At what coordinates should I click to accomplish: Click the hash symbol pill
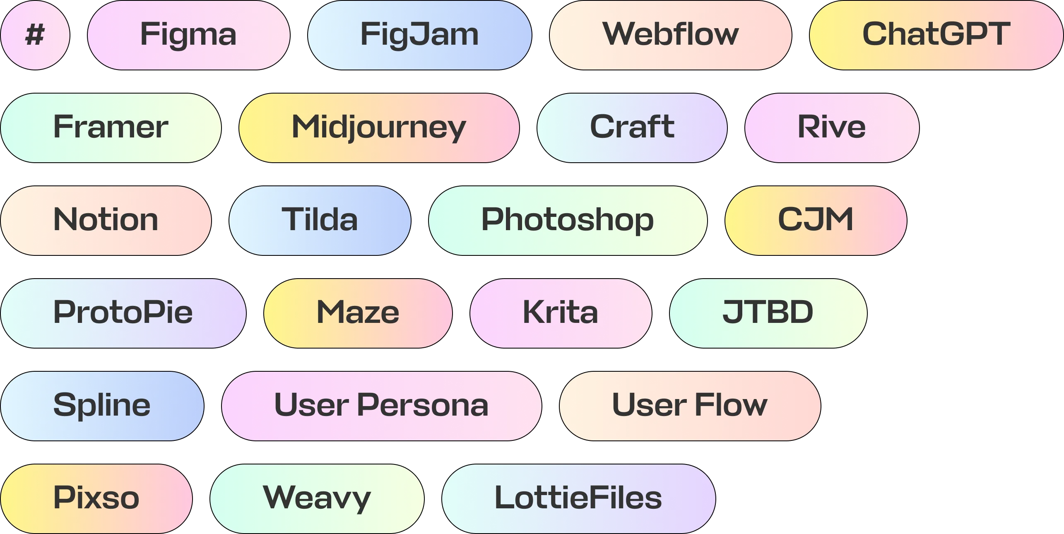pos(35,35)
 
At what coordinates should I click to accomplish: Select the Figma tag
pos(188,35)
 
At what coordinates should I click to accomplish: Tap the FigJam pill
pos(419,35)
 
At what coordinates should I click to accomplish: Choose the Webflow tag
pos(670,35)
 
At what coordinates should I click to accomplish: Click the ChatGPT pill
pos(936,35)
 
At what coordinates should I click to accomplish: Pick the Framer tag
pos(111,127)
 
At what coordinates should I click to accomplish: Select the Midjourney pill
pos(379,127)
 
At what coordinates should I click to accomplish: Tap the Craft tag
pos(632,127)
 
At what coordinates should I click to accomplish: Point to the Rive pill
pos(832,127)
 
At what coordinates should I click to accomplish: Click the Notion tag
pos(106,220)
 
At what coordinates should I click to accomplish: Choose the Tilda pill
pos(320,220)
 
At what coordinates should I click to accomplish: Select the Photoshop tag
pos(568,220)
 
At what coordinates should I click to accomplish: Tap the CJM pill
pos(816,220)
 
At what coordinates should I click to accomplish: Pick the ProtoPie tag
pos(123,313)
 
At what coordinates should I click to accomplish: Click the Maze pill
pos(358,313)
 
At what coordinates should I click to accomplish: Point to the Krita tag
pos(561,313)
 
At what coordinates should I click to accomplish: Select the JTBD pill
pos(768,313)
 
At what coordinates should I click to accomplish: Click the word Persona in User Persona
pos(423,406)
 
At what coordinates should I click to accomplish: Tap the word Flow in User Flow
pos(731,406)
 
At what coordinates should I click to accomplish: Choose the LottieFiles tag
pos(578,498)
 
